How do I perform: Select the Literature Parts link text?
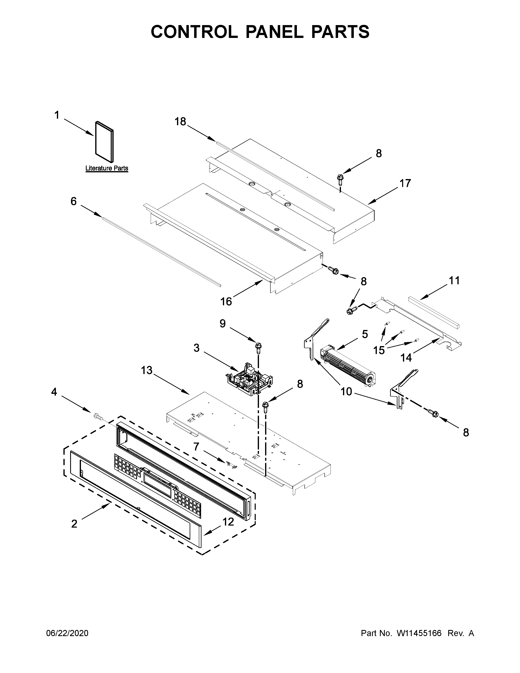pos(107,168)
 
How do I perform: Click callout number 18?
pos(180,122)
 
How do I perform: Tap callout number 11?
pos(454,281)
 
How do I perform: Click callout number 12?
pos(228,522)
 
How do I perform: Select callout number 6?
pos(73,201)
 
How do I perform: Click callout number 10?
pos(346,392)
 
